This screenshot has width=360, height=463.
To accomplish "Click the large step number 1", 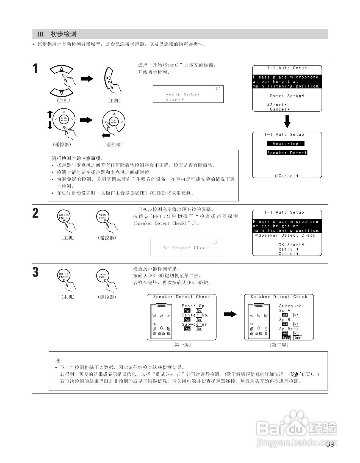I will tap(35, 69).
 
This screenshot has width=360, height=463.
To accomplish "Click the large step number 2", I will tap(35, 213).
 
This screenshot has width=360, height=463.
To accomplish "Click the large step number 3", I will tap(35, 272).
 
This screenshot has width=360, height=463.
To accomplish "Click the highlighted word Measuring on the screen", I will tap(286, 144).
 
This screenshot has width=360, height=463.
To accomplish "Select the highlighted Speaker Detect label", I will tap(287, 153).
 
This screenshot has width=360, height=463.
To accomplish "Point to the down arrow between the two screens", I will tap(287, 122).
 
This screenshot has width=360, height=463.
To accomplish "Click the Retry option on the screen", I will tap(286, 249).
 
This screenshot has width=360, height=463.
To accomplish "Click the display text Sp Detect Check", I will tap(186, 248).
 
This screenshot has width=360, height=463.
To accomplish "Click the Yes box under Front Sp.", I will tap(187, 310).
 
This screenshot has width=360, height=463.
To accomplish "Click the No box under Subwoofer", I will tap(199, 329).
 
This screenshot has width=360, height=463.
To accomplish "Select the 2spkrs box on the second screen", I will tap(286, 338).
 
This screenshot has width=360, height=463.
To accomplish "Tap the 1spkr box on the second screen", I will tap(298, 338).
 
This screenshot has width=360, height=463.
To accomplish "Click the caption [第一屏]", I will tap(181, 345).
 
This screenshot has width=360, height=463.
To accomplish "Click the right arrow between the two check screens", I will tap(230, 314).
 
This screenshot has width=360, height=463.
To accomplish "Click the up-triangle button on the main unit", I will tap(62, 69).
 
